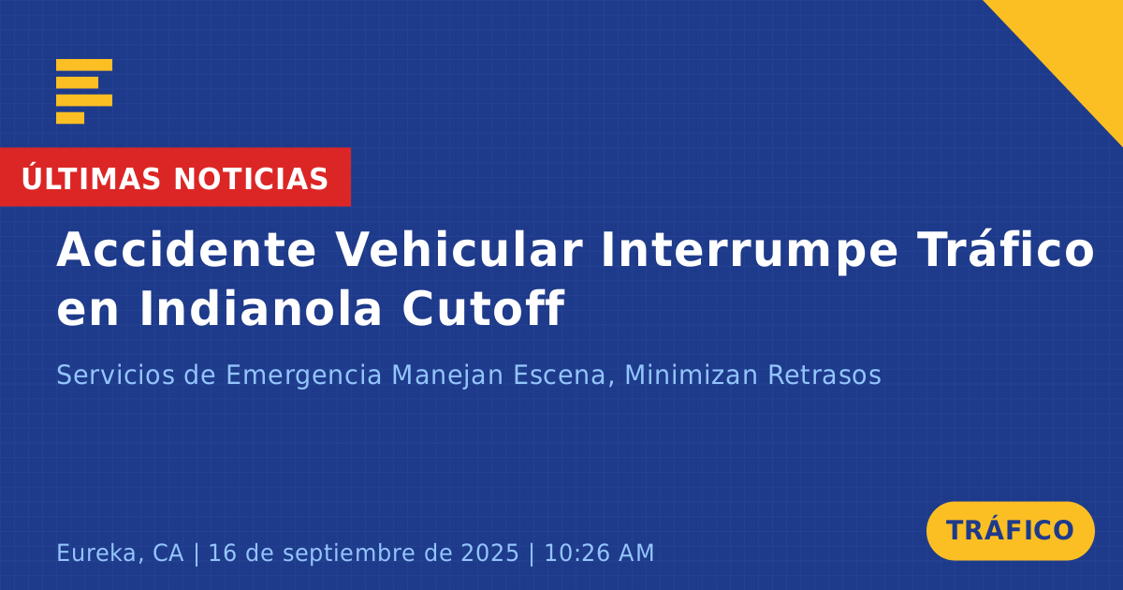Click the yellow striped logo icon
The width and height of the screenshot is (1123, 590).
point(84,92)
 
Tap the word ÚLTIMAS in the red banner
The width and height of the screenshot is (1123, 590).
point(91,178)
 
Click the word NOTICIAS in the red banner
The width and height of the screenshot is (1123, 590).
point(251,179)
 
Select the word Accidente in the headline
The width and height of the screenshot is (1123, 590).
point(186,250)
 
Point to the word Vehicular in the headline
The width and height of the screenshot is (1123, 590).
point(459,250)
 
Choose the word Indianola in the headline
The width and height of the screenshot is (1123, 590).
point(261,308)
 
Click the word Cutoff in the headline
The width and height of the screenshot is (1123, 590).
point(483,308)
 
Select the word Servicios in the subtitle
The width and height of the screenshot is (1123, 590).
point(115,375)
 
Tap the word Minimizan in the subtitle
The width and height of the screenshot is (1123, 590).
point(691,375)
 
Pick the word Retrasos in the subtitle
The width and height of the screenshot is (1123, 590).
point(824,376)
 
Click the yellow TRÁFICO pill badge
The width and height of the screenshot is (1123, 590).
point(1010,530)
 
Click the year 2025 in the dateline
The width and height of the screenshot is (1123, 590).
point(489,553)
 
